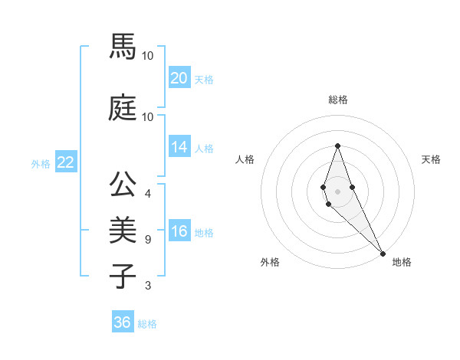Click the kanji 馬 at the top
[123, 47]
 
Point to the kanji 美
[123, 229]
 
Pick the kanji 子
[123, 274]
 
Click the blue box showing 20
[179, 78]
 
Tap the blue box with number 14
[179, 148]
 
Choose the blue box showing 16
[179, 232]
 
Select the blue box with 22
[65, 162]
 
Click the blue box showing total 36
[123, 322]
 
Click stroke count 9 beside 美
[148, 240]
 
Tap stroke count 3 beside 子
[148, 286]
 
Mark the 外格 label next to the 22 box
[41, 163]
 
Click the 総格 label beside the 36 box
[147, 324]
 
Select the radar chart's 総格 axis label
[337, 100]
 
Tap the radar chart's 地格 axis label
[402, 262]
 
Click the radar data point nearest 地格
[383, 253]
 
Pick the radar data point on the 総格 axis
[337, 146]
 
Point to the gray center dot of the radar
[337, 191]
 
